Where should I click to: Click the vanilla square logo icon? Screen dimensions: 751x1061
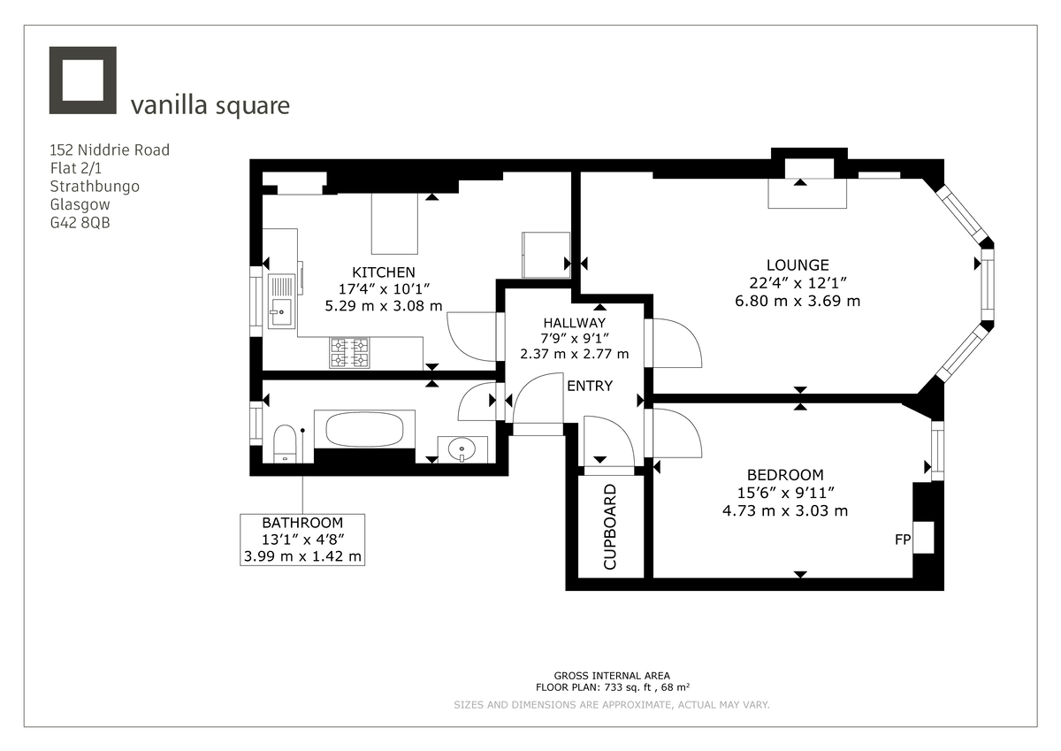(x=82, y=80)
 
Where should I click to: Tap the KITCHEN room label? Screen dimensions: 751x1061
(x=383, y=272)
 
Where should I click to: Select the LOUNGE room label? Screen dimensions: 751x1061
(x=798, y=265)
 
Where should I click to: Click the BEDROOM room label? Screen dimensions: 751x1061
(x=784, y=475)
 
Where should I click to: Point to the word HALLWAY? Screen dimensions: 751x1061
(x=575, y=323)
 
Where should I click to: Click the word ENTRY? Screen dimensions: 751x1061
(x=589, y=386)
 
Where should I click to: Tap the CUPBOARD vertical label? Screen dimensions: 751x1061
(x=609, y=526)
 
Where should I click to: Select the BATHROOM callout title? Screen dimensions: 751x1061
(x=302, y=523)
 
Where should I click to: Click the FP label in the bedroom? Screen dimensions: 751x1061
(x=902, y=537)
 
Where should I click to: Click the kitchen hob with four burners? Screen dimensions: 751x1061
(x=349, y=353)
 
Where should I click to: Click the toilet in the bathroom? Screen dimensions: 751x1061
(x=285, y=442)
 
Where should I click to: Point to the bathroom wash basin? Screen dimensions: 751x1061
(x=462, y=449)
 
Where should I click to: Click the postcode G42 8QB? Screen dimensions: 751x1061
(x=80, y=223)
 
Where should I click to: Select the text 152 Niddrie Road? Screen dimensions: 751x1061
(x=110, y=149)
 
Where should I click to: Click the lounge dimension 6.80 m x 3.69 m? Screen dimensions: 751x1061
(x=798, y=301)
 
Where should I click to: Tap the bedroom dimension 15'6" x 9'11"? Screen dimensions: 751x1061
(x=784, y=493)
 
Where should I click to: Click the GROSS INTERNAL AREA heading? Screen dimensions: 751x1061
(x=612, y=675)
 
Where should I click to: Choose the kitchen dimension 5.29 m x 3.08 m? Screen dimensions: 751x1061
(x=383, y=307)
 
